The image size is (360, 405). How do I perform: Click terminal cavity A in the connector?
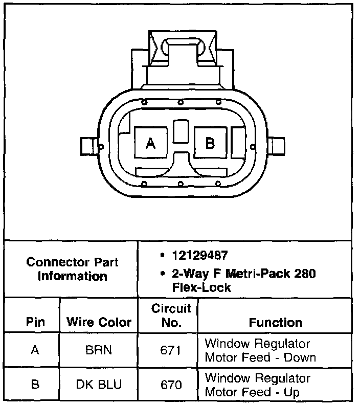click(150, 143)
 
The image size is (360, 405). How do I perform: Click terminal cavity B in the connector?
click(210, 143)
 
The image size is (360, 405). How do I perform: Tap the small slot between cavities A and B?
click(180, 131)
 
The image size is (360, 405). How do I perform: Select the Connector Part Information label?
click(72, 269)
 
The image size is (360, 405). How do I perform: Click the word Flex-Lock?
click(194, 287)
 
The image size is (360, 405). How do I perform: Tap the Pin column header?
click(35, 322)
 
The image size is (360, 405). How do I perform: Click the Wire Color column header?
click(99, 322)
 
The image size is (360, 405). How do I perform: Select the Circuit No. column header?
click(171, 316)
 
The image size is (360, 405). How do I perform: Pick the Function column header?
click(276, 322)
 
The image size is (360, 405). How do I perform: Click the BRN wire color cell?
click(99, 350)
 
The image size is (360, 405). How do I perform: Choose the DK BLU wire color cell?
click(99, 385)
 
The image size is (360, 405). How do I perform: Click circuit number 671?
click(171, 350)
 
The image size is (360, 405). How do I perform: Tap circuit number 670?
click(171, 385)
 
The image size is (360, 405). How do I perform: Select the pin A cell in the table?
click(35, 350)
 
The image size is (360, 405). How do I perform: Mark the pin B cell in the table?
click(35, 385)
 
